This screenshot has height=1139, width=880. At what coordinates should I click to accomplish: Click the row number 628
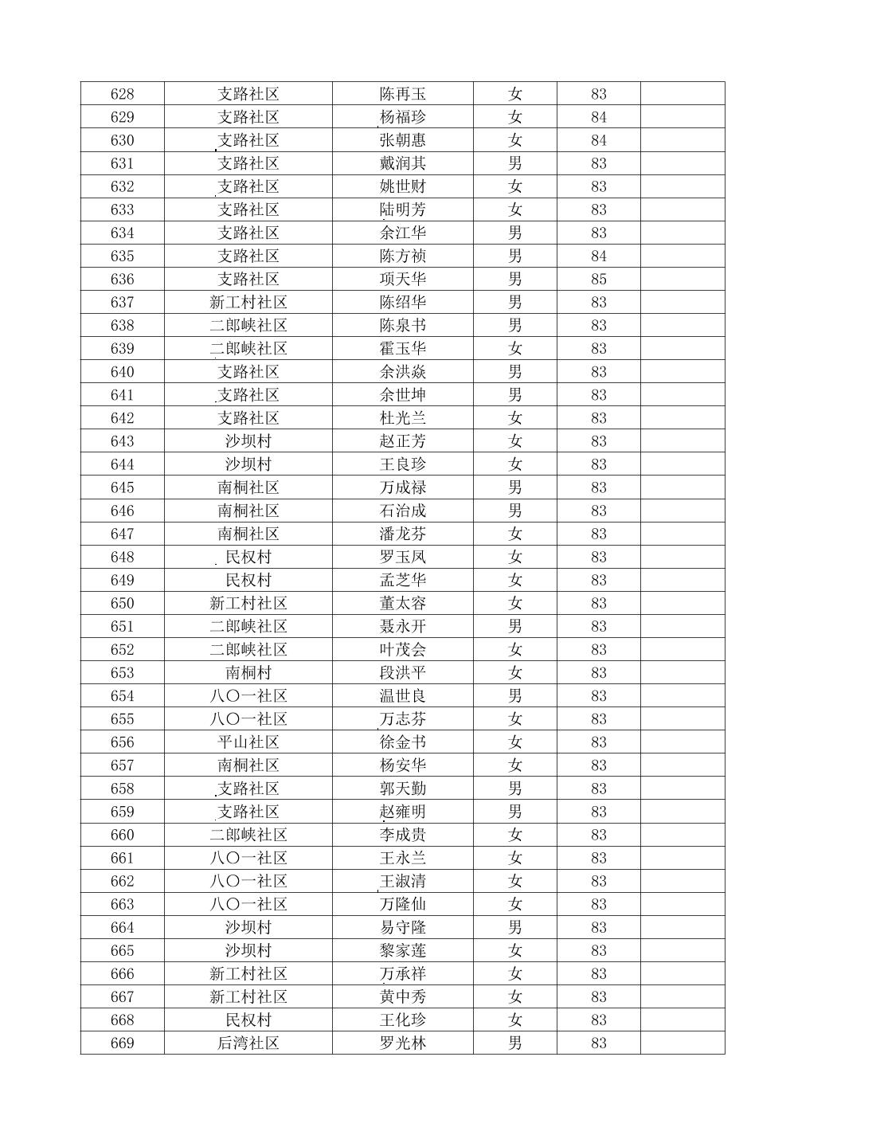point(122,94)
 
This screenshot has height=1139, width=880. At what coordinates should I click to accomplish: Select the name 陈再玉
point(402,94)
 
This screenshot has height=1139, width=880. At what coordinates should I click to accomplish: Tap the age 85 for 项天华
point(598,280)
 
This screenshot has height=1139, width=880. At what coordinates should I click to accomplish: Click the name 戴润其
point(402,163)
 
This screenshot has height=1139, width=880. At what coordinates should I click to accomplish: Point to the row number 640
point(122,372)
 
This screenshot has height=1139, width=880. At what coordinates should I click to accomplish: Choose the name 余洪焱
point(402,372)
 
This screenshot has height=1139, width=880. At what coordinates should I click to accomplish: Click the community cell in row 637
point(248,303)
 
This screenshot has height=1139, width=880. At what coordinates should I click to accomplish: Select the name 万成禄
point(402,487)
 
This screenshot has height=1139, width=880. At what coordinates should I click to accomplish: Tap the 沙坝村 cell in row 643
point(248,441)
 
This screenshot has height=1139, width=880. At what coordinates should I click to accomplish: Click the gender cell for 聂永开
point(514,627)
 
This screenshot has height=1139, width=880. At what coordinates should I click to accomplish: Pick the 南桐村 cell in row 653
point(248,673)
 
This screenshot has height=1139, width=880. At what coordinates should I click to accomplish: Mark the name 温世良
point(402,696)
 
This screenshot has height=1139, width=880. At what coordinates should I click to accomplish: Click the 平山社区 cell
point(248,742)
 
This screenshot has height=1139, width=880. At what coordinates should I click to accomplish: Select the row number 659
point(122,812)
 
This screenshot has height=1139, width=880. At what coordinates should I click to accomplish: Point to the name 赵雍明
point(402,812)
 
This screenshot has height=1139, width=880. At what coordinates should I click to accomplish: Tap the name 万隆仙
point(402,904)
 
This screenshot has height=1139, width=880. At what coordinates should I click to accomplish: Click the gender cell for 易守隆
point(514,927)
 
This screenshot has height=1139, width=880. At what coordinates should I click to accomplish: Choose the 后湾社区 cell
point(248,1043)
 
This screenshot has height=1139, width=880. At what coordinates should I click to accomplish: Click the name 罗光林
point(402,1043)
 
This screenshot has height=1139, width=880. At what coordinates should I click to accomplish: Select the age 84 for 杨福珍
point(598,117)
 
